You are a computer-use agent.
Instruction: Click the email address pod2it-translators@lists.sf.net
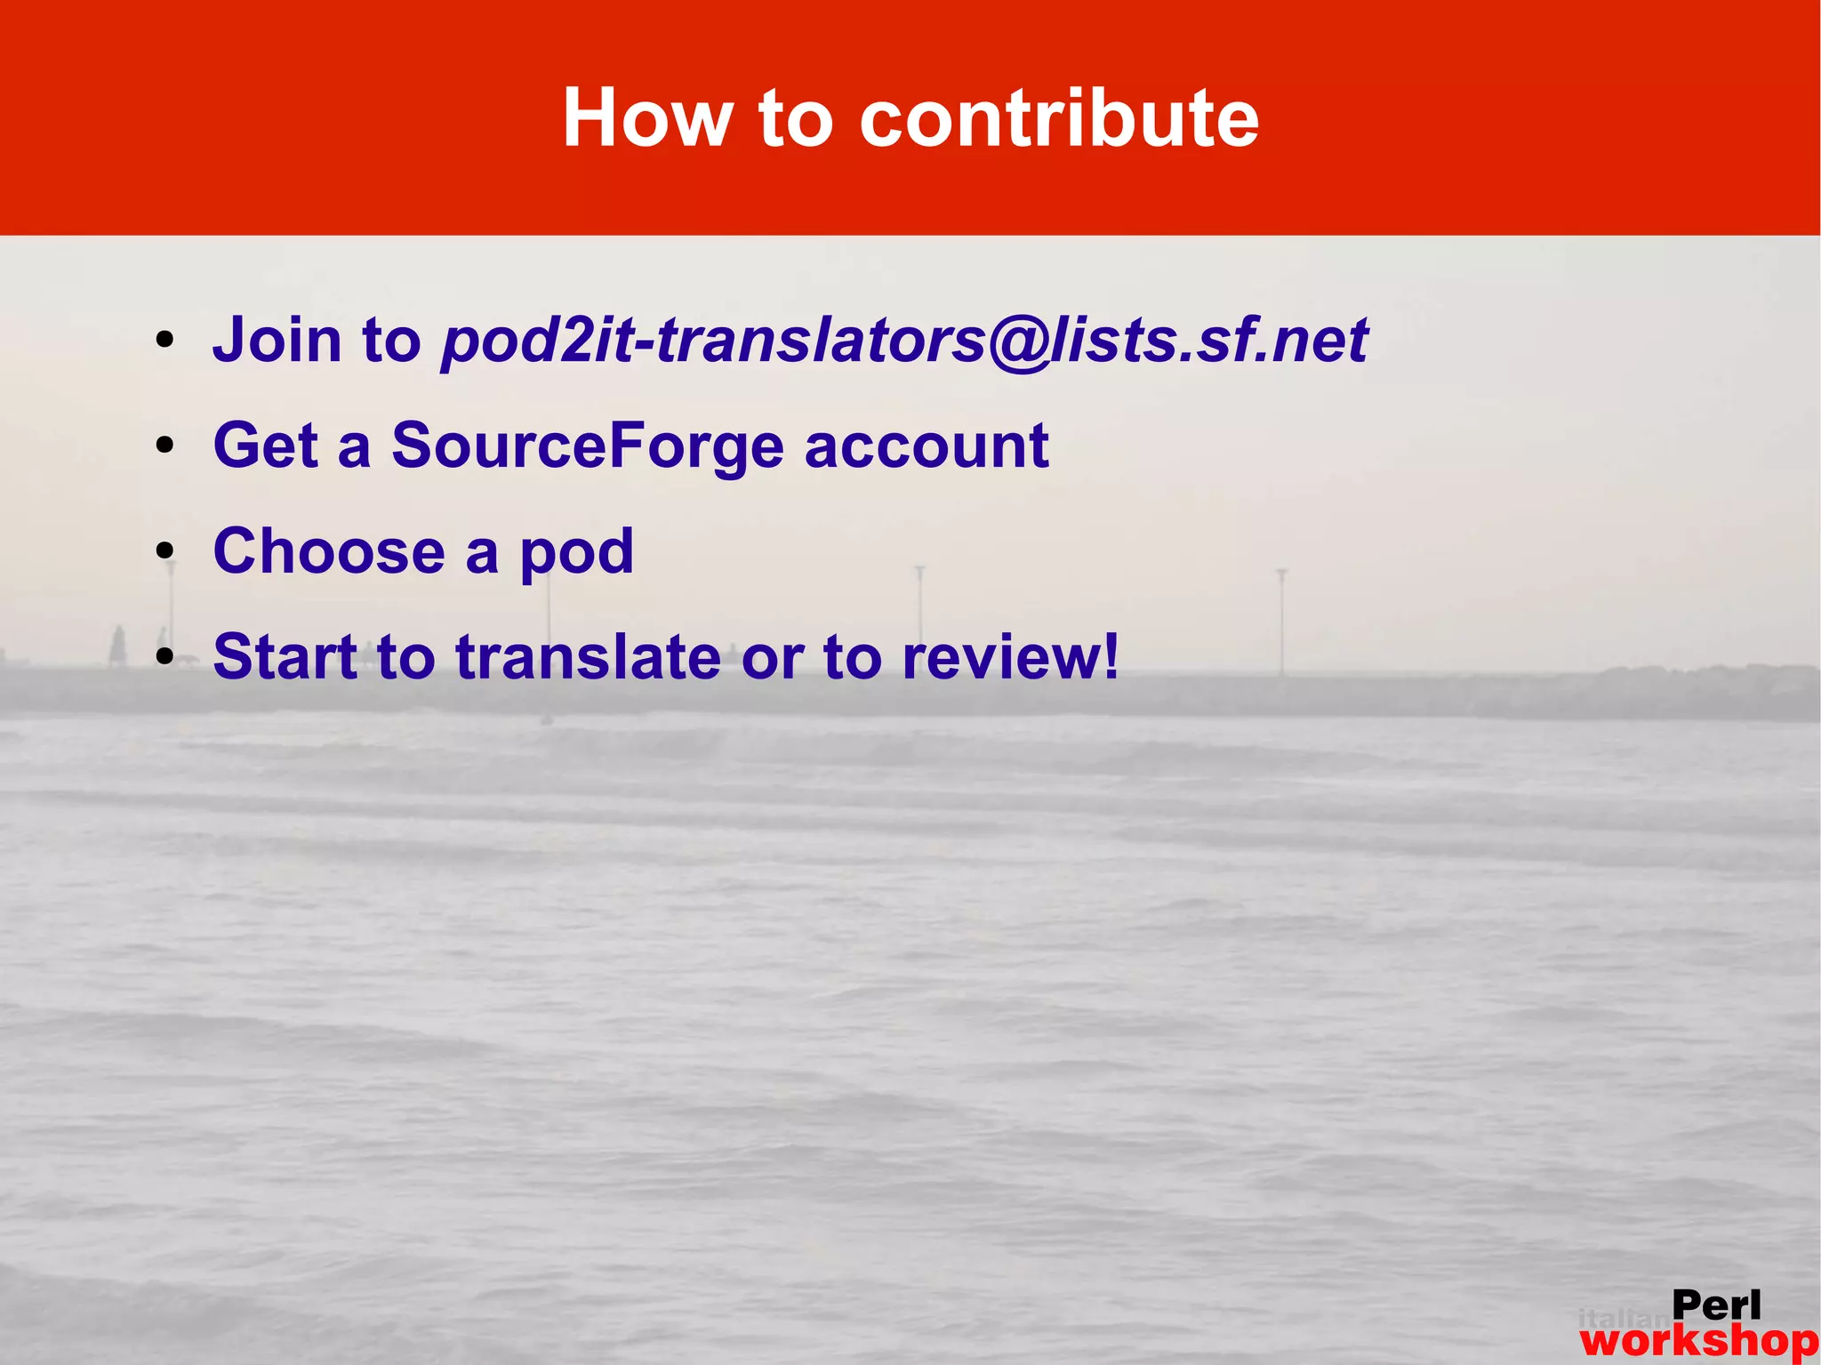coord(904,341)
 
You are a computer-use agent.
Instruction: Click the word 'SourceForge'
coord(588,446)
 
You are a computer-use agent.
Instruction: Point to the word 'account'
coord(927,446)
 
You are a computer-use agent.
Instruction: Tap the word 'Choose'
coord(329,551)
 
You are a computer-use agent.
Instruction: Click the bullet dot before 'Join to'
coord(164,341)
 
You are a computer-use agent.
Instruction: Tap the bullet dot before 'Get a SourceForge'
coord(164,446)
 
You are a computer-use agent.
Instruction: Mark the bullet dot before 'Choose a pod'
coord(164,551)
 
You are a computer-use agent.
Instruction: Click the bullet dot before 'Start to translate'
coord(164,657)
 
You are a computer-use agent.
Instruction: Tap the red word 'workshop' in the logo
coord(1698,1341)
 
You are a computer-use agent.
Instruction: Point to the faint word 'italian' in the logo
coord(1624,1318)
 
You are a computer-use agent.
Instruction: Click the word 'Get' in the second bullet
coord(265,446)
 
